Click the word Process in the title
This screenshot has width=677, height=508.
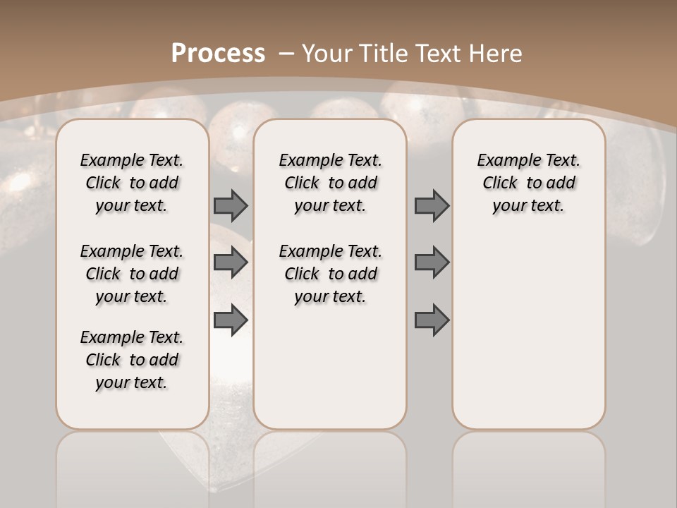coord(218,53)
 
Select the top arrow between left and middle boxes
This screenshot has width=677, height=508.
coord(231,205)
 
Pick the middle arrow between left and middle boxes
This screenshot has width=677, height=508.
coord(231,262)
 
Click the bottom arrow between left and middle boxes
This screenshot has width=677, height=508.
coord(231,320)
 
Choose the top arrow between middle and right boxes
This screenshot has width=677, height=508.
coord(432,205)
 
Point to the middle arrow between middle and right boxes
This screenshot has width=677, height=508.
coord(432,262)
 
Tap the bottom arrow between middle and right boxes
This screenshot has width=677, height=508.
coord(432,320)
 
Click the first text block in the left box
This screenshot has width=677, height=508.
coord(132,183)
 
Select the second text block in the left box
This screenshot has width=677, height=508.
coord(132,274)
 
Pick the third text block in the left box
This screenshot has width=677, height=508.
coord(132,360)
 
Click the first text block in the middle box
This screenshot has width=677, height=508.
coord(331,183)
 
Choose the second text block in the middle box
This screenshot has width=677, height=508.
coord(331,274)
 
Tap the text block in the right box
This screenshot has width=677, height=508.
coord(529,183)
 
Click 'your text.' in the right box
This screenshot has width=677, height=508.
coord(529,205)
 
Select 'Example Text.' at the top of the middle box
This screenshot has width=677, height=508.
coord(331,160)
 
